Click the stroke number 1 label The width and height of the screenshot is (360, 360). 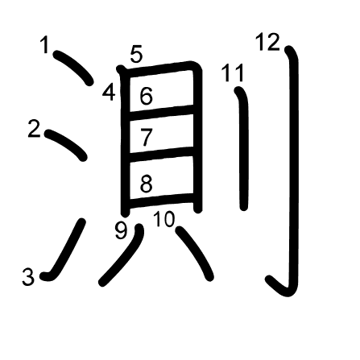click(45, 45)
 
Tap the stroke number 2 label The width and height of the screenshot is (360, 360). click(34, 129)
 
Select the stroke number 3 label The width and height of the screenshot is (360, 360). click(28, 277)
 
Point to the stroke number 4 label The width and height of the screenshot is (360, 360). click(109, 92)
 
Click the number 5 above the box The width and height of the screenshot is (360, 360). click(136, 54)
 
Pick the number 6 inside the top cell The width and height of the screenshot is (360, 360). click(147, 96)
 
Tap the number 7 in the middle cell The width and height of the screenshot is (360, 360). click(147, 137)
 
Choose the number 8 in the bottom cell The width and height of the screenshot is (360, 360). click(147, 184)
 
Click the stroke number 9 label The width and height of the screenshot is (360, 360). click(121, 231)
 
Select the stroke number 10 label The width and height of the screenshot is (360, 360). click(164, 219)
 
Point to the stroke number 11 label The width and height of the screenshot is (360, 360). click(233, 72)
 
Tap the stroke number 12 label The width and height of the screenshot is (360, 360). click(267, 42)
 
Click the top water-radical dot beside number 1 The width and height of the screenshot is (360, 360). click(73, 67)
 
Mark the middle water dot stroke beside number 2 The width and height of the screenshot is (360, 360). click(65, 144)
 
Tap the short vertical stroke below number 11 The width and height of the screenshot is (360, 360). click(243, 148)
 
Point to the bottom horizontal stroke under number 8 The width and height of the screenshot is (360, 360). click(161, 201)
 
